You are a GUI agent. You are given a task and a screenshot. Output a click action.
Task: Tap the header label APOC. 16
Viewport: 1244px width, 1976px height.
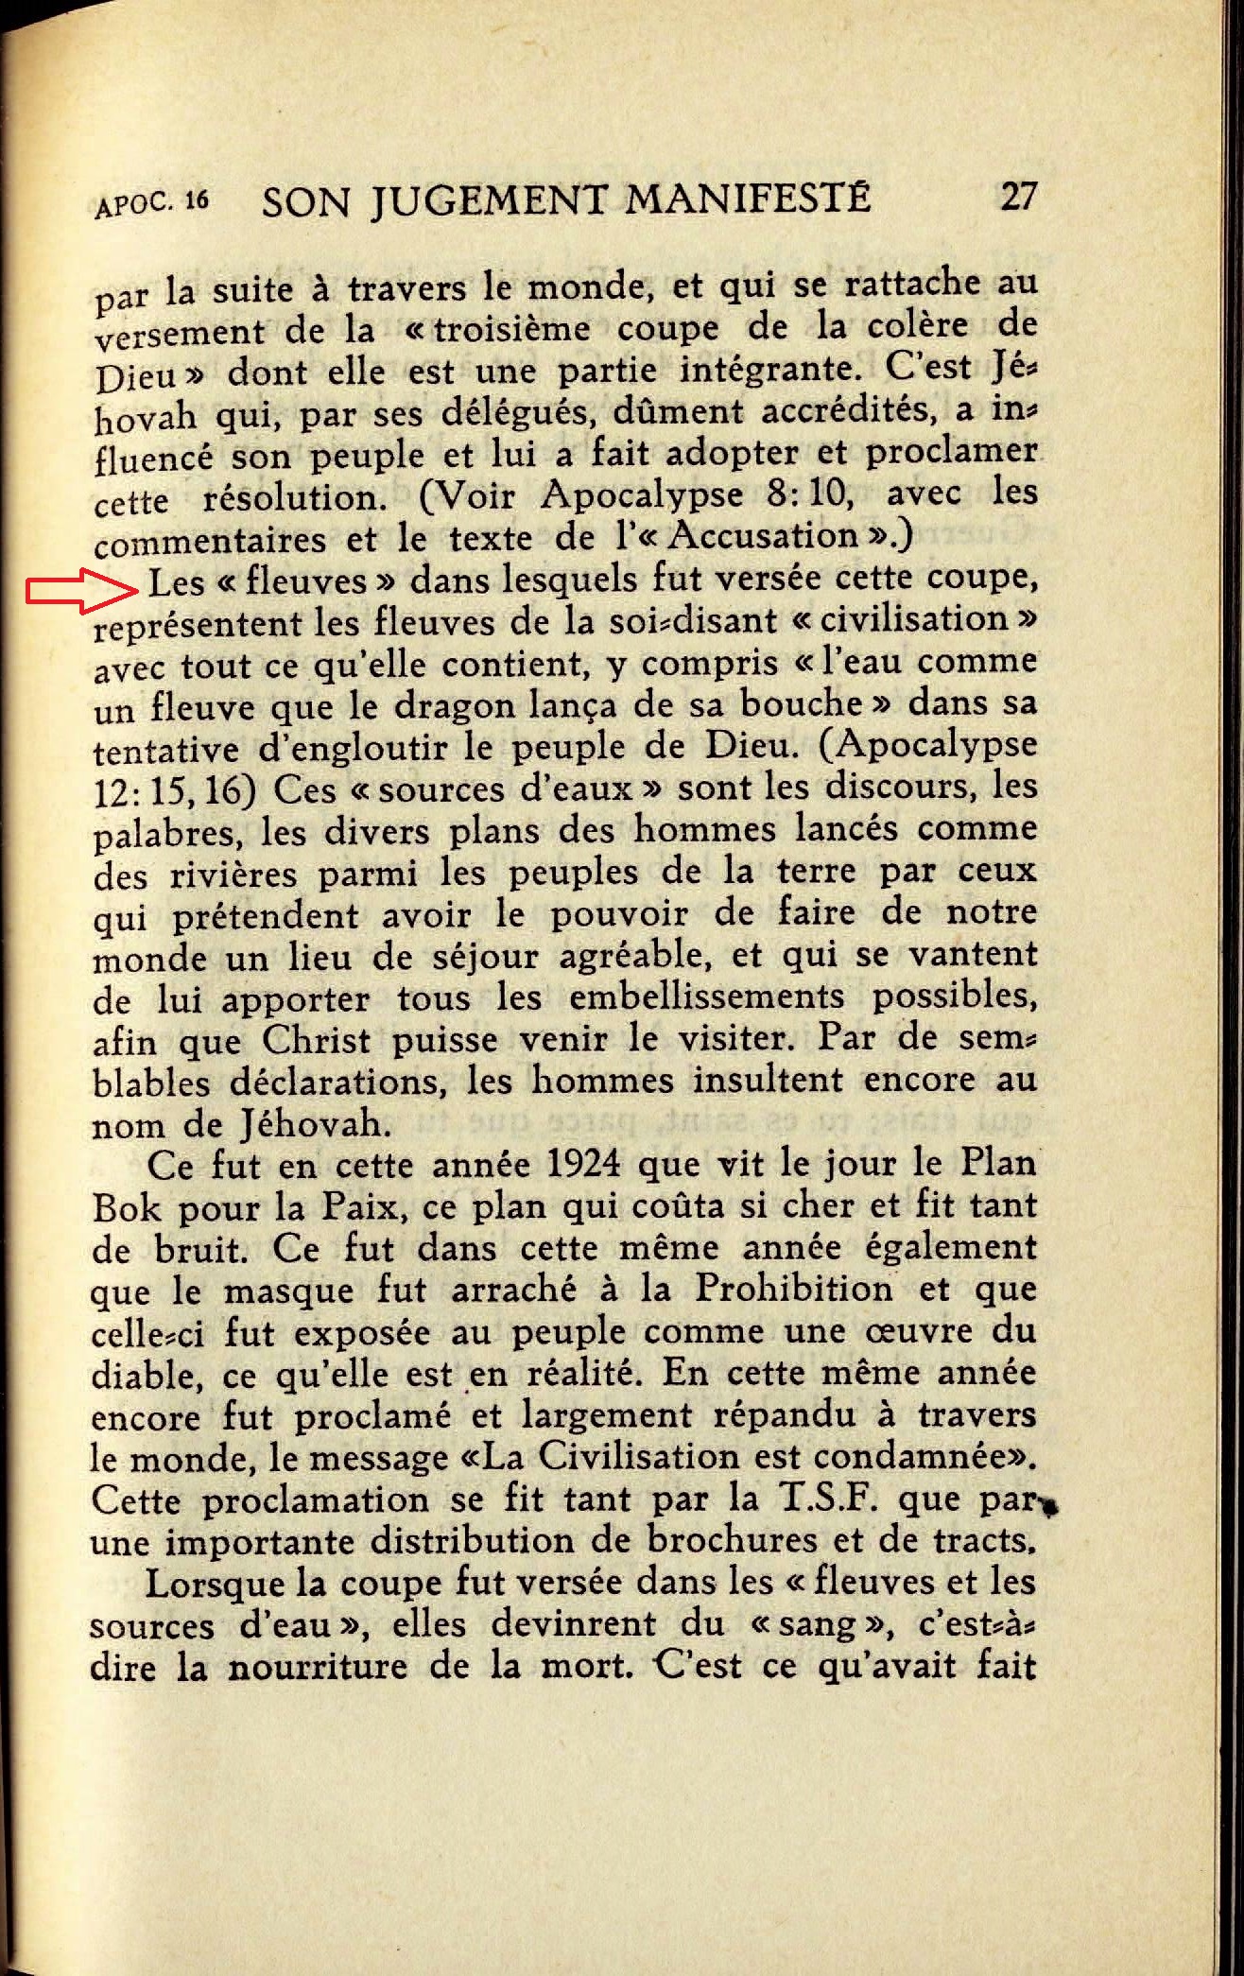pos(151,203)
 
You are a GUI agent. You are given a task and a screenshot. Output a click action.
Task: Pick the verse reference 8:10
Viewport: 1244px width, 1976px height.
pos(811,494)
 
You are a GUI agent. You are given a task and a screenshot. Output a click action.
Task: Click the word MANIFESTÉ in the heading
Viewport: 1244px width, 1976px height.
pos(748,199)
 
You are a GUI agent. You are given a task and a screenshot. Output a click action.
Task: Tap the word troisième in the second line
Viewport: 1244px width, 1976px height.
pos(513,330)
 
